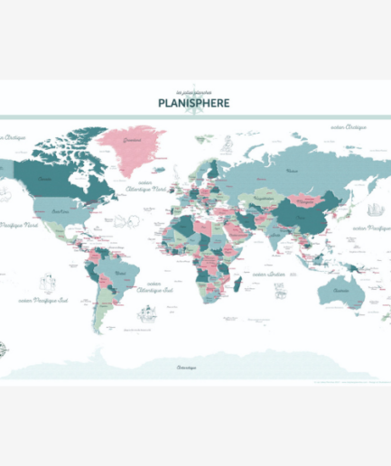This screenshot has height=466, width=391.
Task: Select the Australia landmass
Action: [341, 290]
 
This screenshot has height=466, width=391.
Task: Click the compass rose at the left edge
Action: [7, 348]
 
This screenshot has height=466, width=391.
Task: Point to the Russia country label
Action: [292, 170]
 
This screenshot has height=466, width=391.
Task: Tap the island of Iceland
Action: [159, 168]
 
